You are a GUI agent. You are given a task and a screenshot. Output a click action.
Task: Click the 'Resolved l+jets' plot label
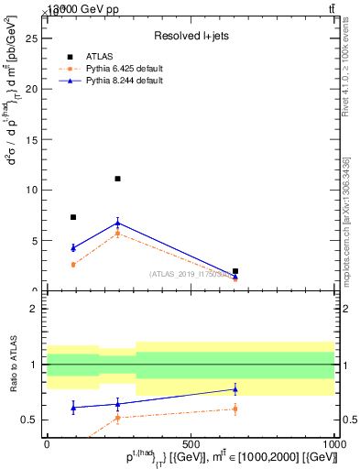[x=191, y=35]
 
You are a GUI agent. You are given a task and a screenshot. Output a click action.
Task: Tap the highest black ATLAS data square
[x=117, y=179]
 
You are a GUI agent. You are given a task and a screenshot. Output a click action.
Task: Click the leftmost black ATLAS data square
[x=73, y=217]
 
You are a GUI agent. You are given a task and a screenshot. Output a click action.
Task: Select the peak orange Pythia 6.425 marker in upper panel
[x=117, y=234]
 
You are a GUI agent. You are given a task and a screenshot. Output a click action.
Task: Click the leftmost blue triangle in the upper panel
[x=73, y=247]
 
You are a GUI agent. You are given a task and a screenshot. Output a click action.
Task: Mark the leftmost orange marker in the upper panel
[x=73, y=265]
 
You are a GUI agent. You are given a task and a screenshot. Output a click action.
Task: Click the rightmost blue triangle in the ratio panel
[x=235, y=389]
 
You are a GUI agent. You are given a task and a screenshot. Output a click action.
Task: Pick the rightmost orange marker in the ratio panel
[x=235, y=409]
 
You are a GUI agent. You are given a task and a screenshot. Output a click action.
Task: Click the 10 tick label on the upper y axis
[x=34, y=191]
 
